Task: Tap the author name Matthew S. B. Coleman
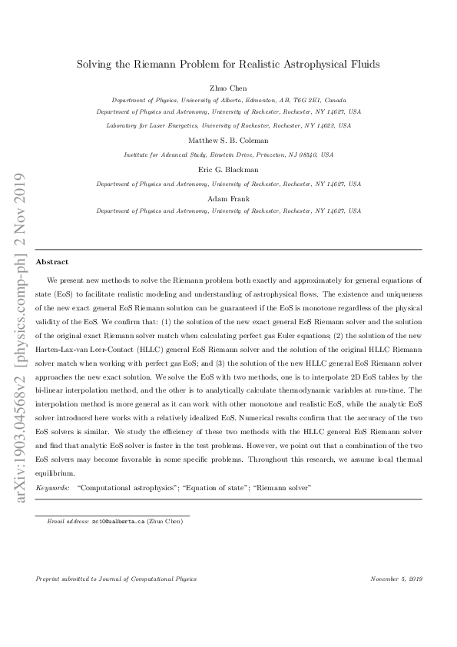(228, 141)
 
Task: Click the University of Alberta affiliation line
(228, 100)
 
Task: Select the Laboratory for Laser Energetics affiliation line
(228, 124)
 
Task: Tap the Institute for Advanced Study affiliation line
(228, 154)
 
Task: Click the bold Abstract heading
(52, 262)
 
